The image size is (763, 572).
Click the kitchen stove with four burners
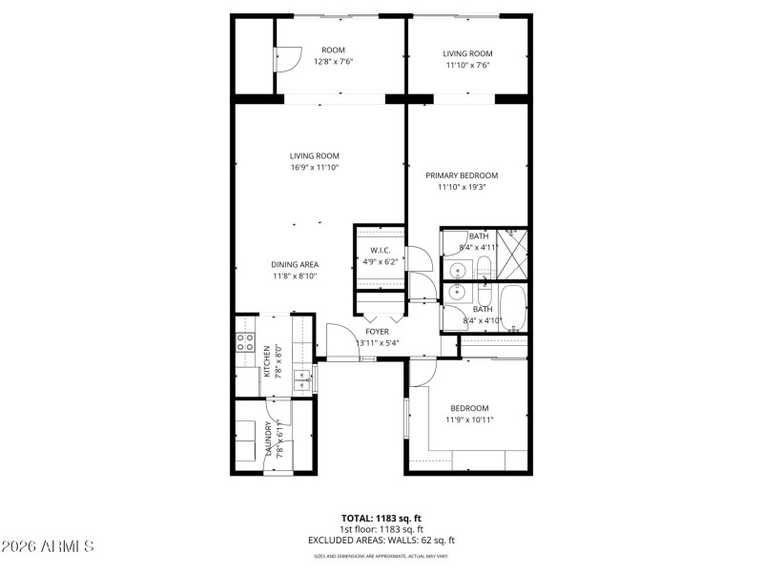(245, 343)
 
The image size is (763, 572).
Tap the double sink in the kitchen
(303, 380)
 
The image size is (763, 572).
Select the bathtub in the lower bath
(511, 307)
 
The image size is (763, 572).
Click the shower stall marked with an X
(512, 254)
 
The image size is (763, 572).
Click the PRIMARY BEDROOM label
(462, 175)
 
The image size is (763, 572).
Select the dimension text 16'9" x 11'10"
(315, 167)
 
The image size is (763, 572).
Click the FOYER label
(377, 332)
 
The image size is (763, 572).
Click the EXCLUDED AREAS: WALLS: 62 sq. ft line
(381, 540)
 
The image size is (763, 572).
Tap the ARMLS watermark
(48, 546)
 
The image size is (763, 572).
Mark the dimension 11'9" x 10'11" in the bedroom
(469, 419)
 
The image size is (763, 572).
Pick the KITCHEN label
(268, 361)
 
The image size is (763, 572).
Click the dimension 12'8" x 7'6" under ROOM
(333, 62)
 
